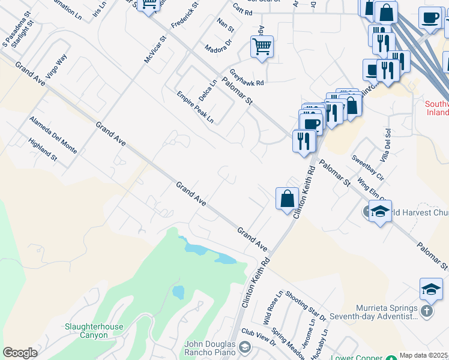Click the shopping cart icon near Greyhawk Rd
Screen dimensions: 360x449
[262, 46]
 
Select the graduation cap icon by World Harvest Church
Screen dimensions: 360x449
[380, 211]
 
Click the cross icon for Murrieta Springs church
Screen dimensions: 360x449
[426, 311]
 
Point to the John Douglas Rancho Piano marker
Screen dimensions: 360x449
[244, 347]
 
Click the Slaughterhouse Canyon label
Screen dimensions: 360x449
[94, 331]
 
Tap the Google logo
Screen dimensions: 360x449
[20, 352]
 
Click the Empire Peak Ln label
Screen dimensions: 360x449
[195, 107]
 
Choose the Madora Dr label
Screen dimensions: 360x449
[217, 47]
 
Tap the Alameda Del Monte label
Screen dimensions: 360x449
[53, 134]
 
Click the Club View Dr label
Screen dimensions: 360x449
[259, 337]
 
